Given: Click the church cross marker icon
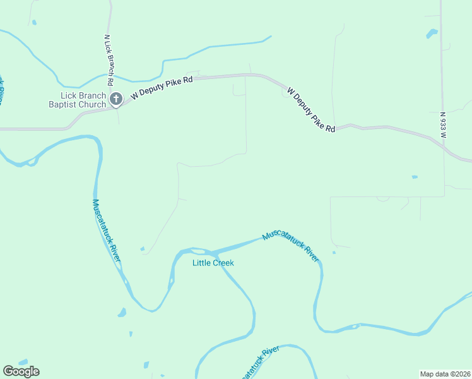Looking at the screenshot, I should click(x=115, y=99).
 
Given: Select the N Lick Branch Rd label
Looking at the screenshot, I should click(x=108, y=59).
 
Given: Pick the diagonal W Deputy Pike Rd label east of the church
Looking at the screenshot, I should click(x=310, y=109).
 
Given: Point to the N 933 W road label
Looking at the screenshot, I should click(x=443, y=125).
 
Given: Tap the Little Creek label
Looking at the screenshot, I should click(x=213, y=263).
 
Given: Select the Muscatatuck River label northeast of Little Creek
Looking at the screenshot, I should click(x=291, y=246).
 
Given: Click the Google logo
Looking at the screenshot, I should click(x=21, y=371).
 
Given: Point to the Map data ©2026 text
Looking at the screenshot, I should click(x=445, y=373).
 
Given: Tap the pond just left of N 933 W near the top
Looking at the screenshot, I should click(x=432, y=33).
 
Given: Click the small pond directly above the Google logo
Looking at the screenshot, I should click(x=23, y=362).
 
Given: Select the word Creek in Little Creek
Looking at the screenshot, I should click(x=223, y=263).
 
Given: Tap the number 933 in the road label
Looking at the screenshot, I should click(x=443, y=123).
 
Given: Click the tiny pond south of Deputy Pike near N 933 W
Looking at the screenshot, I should click(x=415, y=177).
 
